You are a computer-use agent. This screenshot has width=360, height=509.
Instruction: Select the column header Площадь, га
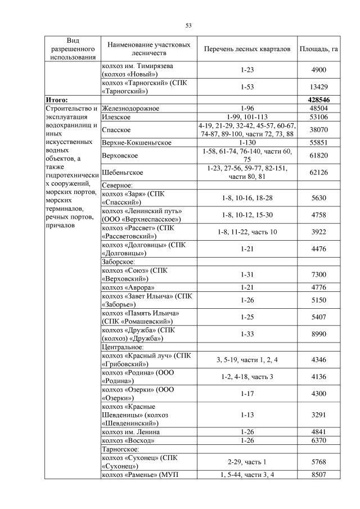pos(319,49)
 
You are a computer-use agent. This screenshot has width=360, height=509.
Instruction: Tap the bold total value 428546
pos(319,100)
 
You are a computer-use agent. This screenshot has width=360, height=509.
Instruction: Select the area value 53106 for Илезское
pos(319,116)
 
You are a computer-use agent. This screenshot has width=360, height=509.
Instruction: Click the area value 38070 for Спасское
pos(319,129)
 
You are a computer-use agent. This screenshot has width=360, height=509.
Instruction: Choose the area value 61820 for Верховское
pos(319,156)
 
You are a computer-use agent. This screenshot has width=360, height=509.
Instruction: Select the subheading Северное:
pos(117,185)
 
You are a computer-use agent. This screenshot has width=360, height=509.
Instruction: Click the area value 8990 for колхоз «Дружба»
pos(319,334)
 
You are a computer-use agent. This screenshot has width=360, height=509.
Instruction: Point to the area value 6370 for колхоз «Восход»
pos(319,440)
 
